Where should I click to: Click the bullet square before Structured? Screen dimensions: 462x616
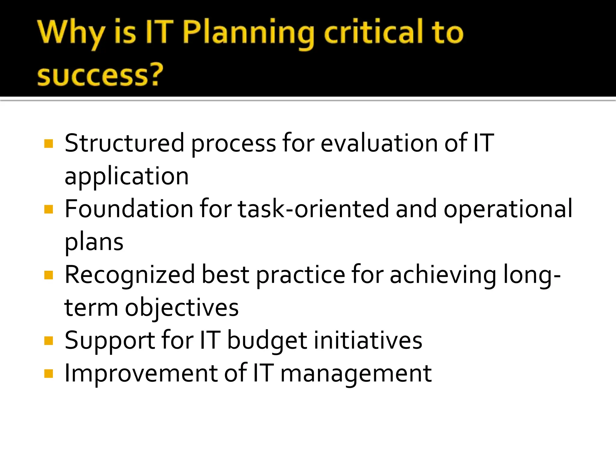pos(48,144)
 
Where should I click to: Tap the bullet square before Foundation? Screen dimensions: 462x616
pos(48,209)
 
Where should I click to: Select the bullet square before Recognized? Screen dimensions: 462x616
pos(48,275)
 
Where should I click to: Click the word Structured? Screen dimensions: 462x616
pos(124,143)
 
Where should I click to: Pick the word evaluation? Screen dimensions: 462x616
pos(379,143)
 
